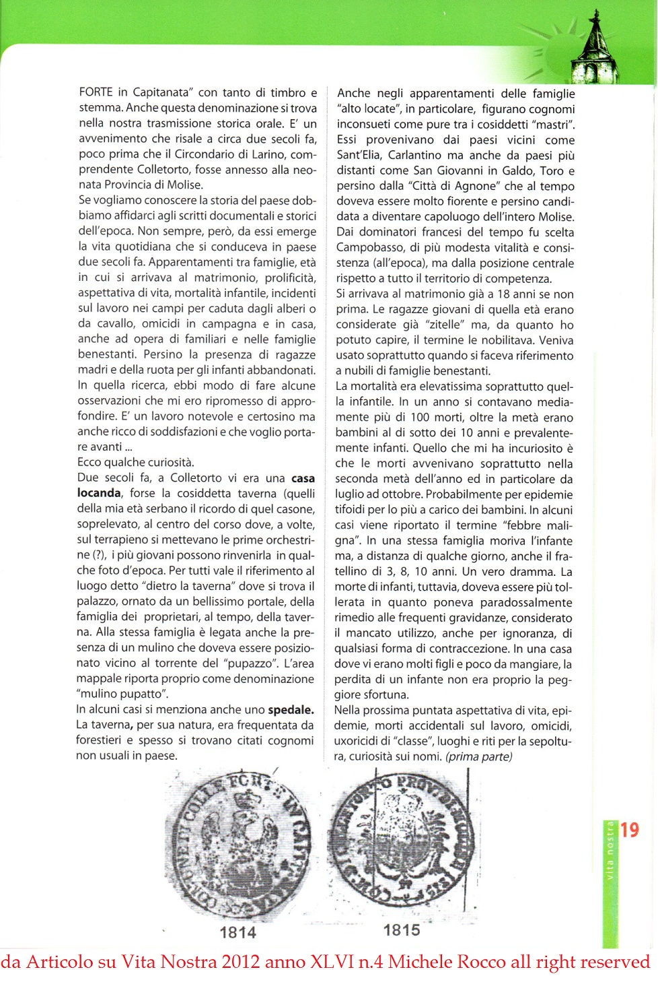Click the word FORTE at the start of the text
pyautogui.click(x=96, y=92)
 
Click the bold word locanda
pyautogui.click(x=99, y=493)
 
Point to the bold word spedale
pyautogui.click(x=291, y=710)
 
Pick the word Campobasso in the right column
pyautogui.click(x=367, y=248)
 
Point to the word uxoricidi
pyautogui.click(x=360, y=741)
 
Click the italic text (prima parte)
pyautogui.click(x=478, y=756)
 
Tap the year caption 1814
pyautogui.click(x=238, y=932)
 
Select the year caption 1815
pyautogui.click(x=402, y=930)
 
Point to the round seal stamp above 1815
pyautogui.click(x=402, y=842)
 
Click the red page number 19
pyautogui.click(x=630, y=830)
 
